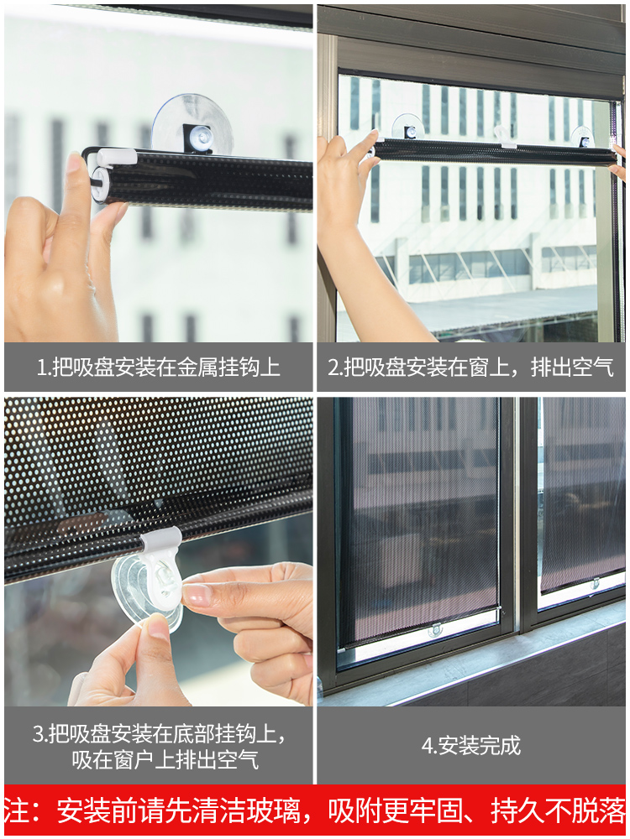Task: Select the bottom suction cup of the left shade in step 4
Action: (x=435, y=629)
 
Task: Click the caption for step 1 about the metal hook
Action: (x=158, y=367)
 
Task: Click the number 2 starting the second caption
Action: (x=333, y=367)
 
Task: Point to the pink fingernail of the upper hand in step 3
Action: (x=197, y=595)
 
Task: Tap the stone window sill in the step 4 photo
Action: (x=504, y=663)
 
